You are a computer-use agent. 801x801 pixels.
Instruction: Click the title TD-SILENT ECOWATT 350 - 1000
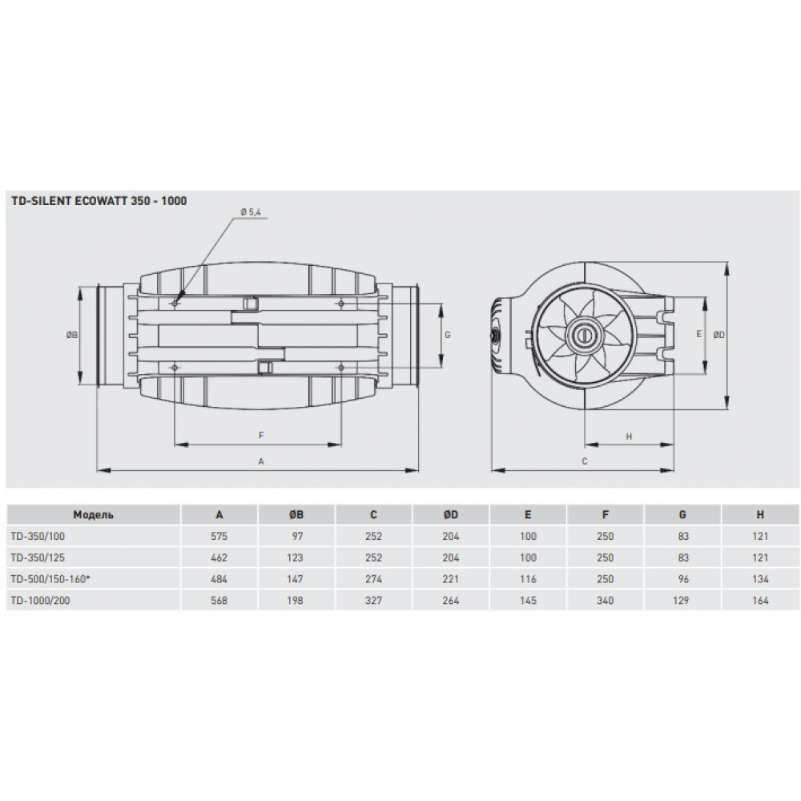[99, 201]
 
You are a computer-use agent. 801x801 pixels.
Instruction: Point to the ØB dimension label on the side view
[71, 335]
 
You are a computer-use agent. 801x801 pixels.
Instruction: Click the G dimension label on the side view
[447, 334]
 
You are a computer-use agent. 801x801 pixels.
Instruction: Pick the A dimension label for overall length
[261, 461]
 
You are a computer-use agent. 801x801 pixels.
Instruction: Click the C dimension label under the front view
[585, 461]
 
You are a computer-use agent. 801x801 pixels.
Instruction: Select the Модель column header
[94, 515]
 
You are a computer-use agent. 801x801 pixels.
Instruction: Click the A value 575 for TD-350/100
[219, 537]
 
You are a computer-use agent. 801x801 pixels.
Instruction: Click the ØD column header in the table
[451, 515]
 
